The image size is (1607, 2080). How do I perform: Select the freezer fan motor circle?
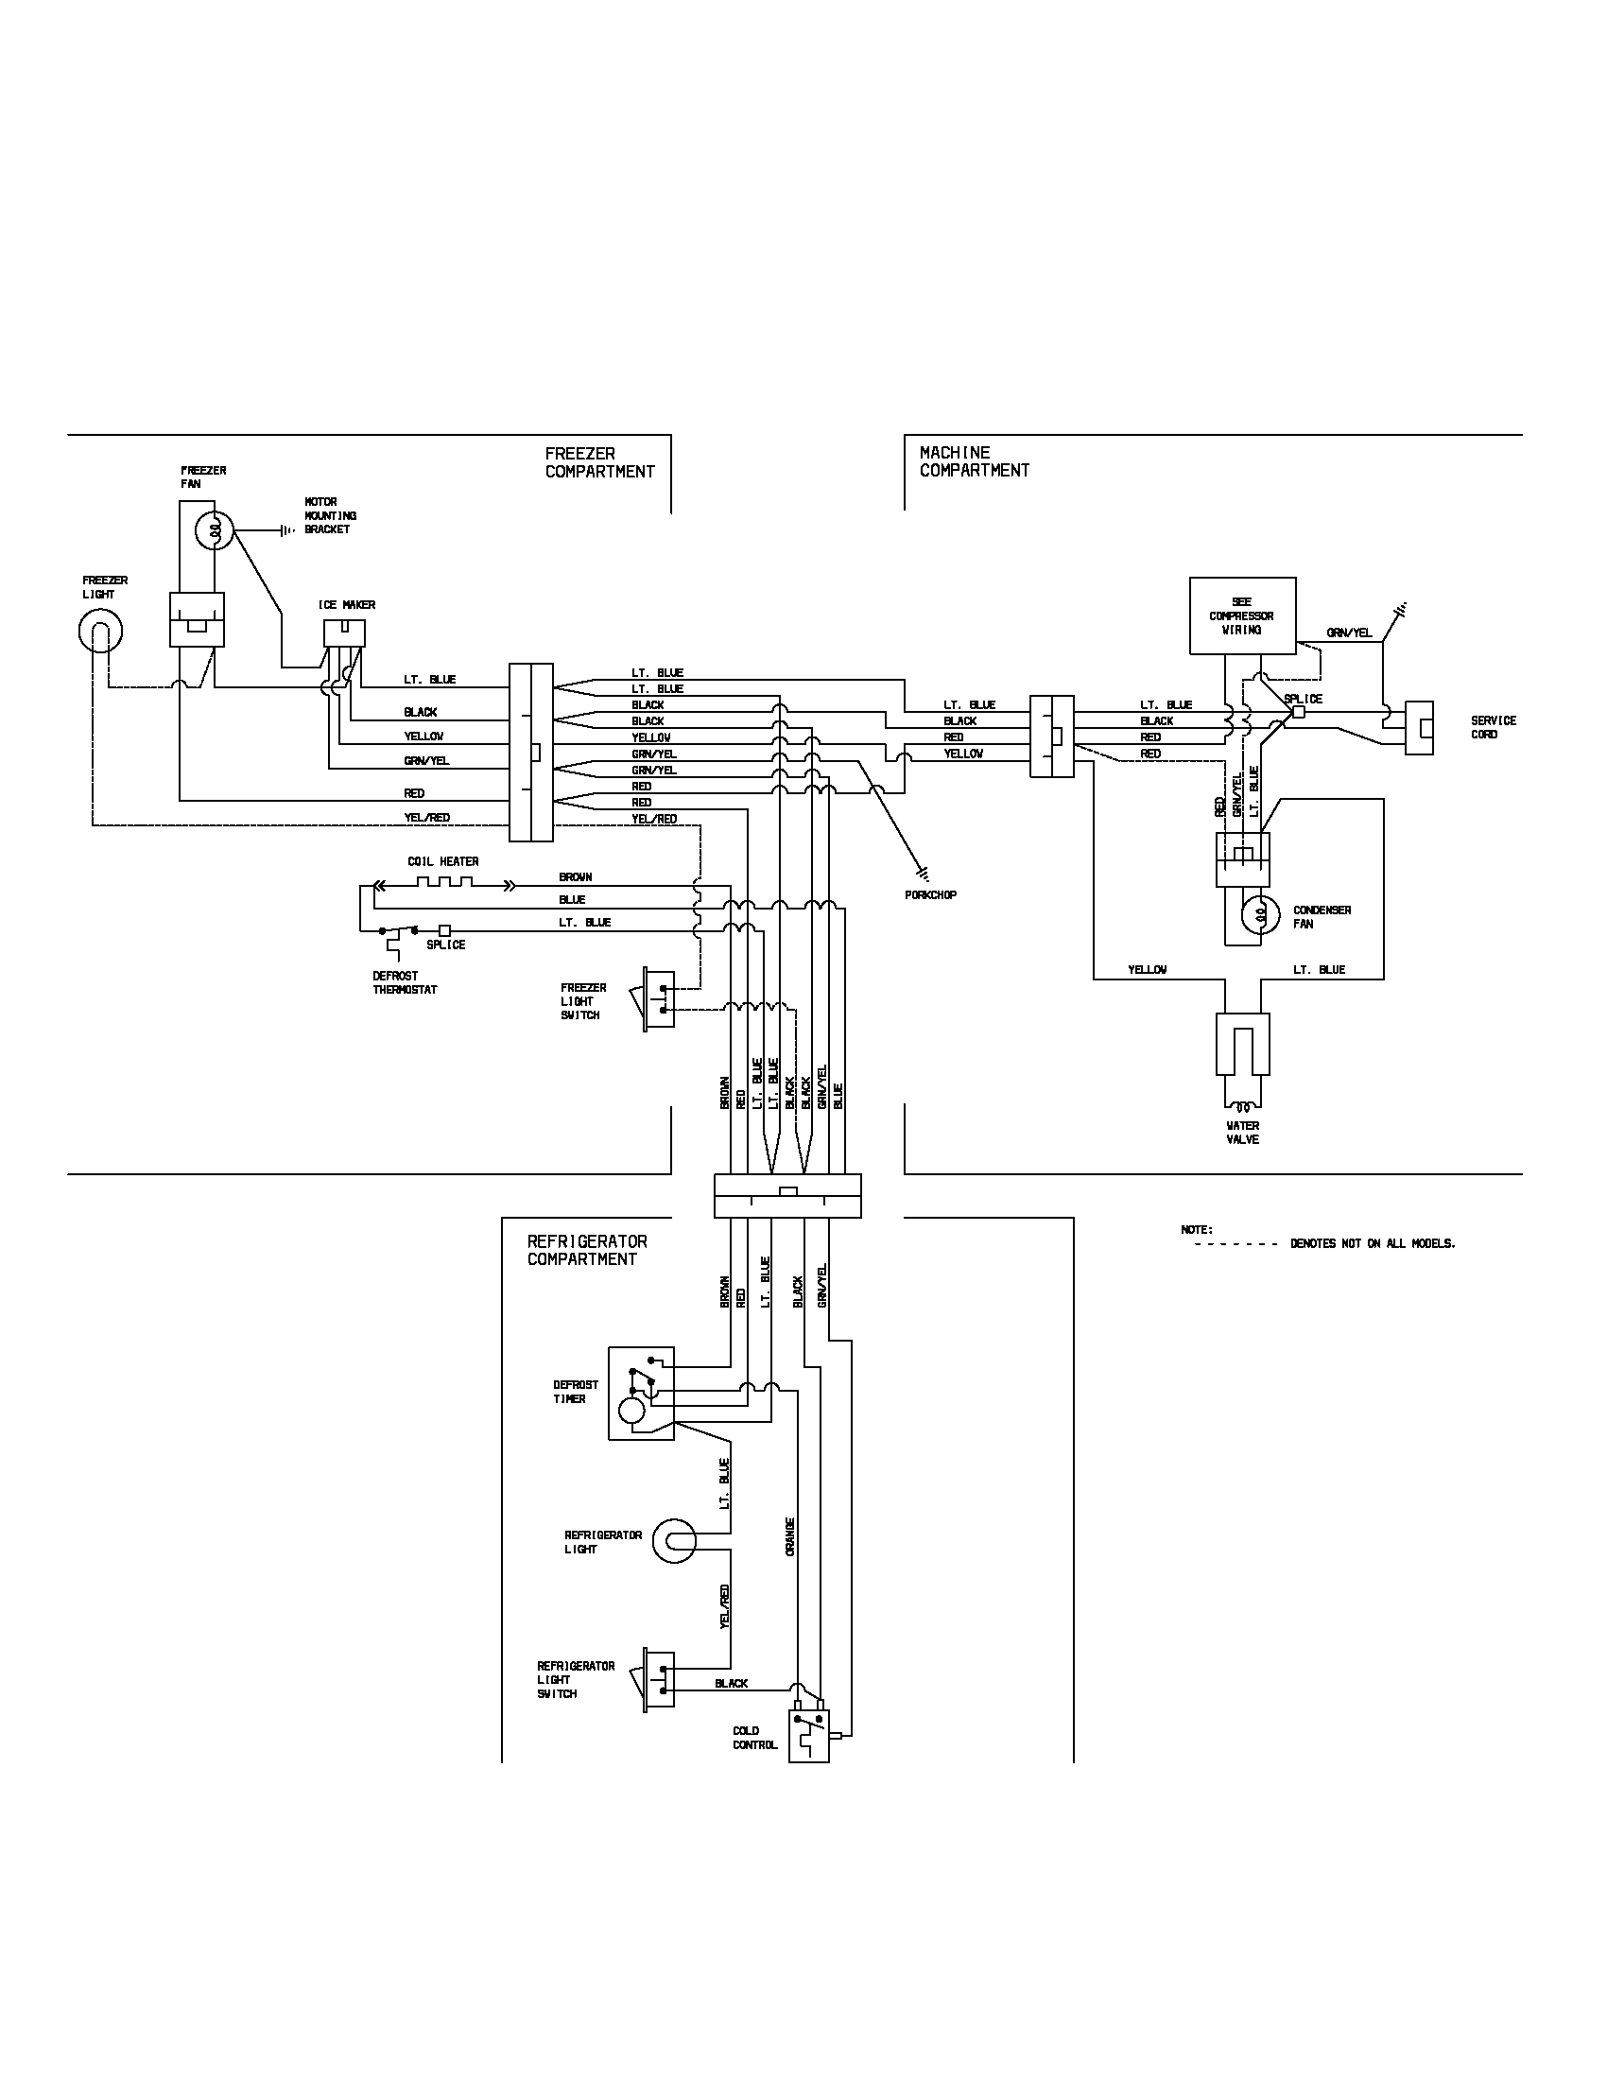(216, 531)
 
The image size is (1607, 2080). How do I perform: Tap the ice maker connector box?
(344, 633)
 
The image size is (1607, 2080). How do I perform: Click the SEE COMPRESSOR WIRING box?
(1241, 616)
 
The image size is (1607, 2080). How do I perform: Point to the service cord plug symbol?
(1419, 729)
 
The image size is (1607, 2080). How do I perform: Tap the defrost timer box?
(641, 1394)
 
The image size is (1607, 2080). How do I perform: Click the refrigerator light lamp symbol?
(675, 1541)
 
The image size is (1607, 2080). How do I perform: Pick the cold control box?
(809, 1736)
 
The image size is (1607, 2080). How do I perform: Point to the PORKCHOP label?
(930, 895)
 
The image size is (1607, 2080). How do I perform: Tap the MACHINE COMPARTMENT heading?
(973, 461)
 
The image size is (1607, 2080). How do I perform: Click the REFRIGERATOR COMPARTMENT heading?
(586, 1251)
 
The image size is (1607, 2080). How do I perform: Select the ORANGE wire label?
(790, 1536)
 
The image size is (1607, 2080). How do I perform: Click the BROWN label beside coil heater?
(575, 877)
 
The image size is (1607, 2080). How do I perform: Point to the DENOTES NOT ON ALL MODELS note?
(1372, 1244)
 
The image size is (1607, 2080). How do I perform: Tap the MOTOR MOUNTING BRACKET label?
(329, 515)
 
